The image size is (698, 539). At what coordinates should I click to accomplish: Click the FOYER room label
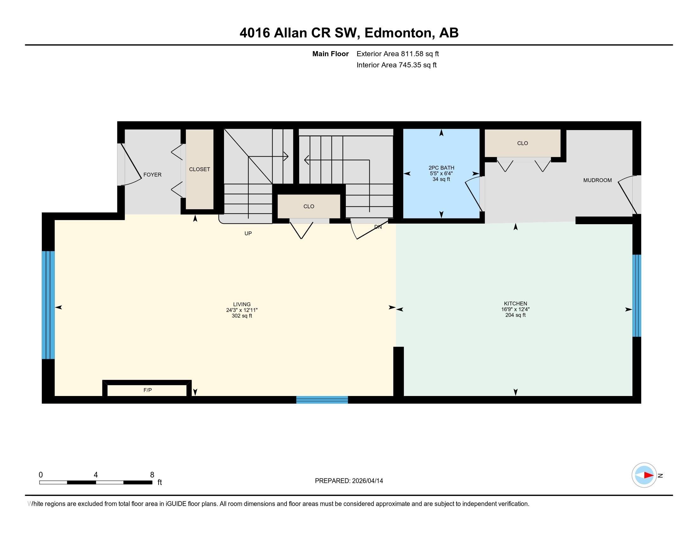(152, 175)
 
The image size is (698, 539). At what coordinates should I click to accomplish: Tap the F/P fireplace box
(147, 390)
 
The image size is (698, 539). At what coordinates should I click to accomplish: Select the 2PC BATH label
(441, 168)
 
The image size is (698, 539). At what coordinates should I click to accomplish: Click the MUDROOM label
(597, 180)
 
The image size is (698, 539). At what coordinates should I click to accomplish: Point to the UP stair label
(248, 233)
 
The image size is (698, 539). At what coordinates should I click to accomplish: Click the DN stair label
(378, 227)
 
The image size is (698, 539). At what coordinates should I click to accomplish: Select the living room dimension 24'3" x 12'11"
(242, 310)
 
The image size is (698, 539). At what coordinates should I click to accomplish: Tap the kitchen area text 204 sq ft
(515, 315)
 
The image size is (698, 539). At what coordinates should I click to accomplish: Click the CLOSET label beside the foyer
(200, 169)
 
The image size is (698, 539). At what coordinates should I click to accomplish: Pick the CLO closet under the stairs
(309, 206)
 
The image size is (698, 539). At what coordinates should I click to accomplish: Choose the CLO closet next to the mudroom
(522, 143)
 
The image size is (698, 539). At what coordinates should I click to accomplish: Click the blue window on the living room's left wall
(48, 305)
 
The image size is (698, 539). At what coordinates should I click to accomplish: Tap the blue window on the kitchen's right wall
(637, 295)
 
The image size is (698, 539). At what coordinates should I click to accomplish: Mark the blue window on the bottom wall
(322, 400)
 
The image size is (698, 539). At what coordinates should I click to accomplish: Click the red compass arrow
(648, 475)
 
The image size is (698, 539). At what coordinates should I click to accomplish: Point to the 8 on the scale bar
(152, 475)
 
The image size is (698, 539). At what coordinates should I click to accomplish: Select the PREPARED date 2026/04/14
(367, 481)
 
